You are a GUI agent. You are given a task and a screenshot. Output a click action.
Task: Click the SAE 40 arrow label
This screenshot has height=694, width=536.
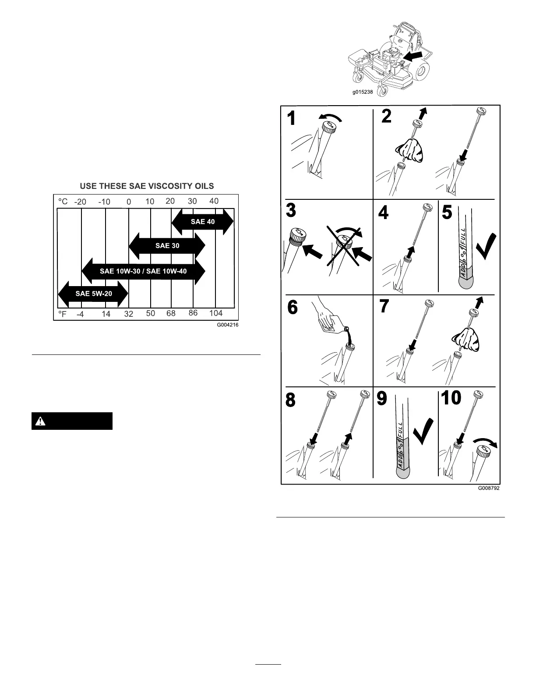pos(203,222)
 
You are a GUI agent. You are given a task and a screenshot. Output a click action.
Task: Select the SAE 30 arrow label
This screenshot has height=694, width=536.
pos(167,246)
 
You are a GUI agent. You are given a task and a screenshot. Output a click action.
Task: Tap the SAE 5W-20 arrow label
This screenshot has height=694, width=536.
pos(94,294)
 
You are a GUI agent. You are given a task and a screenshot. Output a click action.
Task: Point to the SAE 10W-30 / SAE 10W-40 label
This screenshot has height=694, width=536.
pos(143,271)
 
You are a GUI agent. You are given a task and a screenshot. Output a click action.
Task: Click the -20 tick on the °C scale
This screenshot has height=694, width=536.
pos(80,202)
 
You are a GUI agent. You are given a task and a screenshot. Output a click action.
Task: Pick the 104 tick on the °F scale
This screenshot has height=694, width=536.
pos(216,313)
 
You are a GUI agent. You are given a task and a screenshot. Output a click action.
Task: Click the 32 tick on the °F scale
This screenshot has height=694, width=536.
pos(128,314)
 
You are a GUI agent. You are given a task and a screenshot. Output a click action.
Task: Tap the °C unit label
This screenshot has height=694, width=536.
pos(63,202)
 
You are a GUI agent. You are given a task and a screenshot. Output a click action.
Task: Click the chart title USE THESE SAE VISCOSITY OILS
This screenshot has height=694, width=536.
pos(147,186)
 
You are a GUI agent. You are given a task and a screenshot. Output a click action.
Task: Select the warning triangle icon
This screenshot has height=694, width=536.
pos(40,421)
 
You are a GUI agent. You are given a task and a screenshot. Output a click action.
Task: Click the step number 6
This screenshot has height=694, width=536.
pos(293,308)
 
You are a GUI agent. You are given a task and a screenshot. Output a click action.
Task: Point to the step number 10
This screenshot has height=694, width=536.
pos(451,398)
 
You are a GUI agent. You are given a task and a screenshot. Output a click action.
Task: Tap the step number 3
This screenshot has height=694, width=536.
pos(291,210)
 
